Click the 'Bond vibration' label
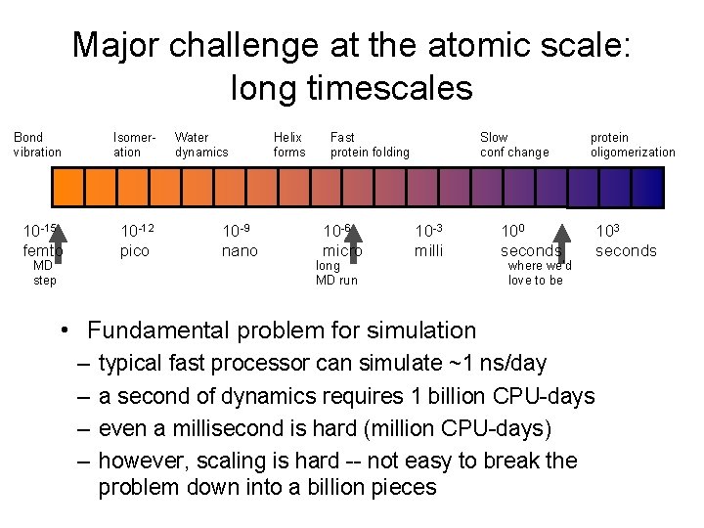coord(37,145)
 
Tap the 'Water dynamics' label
coord(200,145)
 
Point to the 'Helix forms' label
coord(288,145)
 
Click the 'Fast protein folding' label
coord(370,145)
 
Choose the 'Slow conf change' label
coord(514,145)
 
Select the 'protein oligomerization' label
coord(633,145)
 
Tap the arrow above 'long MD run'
coord(352,241)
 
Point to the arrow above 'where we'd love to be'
coord(561,241)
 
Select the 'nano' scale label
coord(240,251)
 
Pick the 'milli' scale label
coord(428,251)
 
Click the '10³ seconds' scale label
coord(626,242)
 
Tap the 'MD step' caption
coord(44,273)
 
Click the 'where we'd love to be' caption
coord(538,273)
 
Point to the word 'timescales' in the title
coord(352,88)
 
